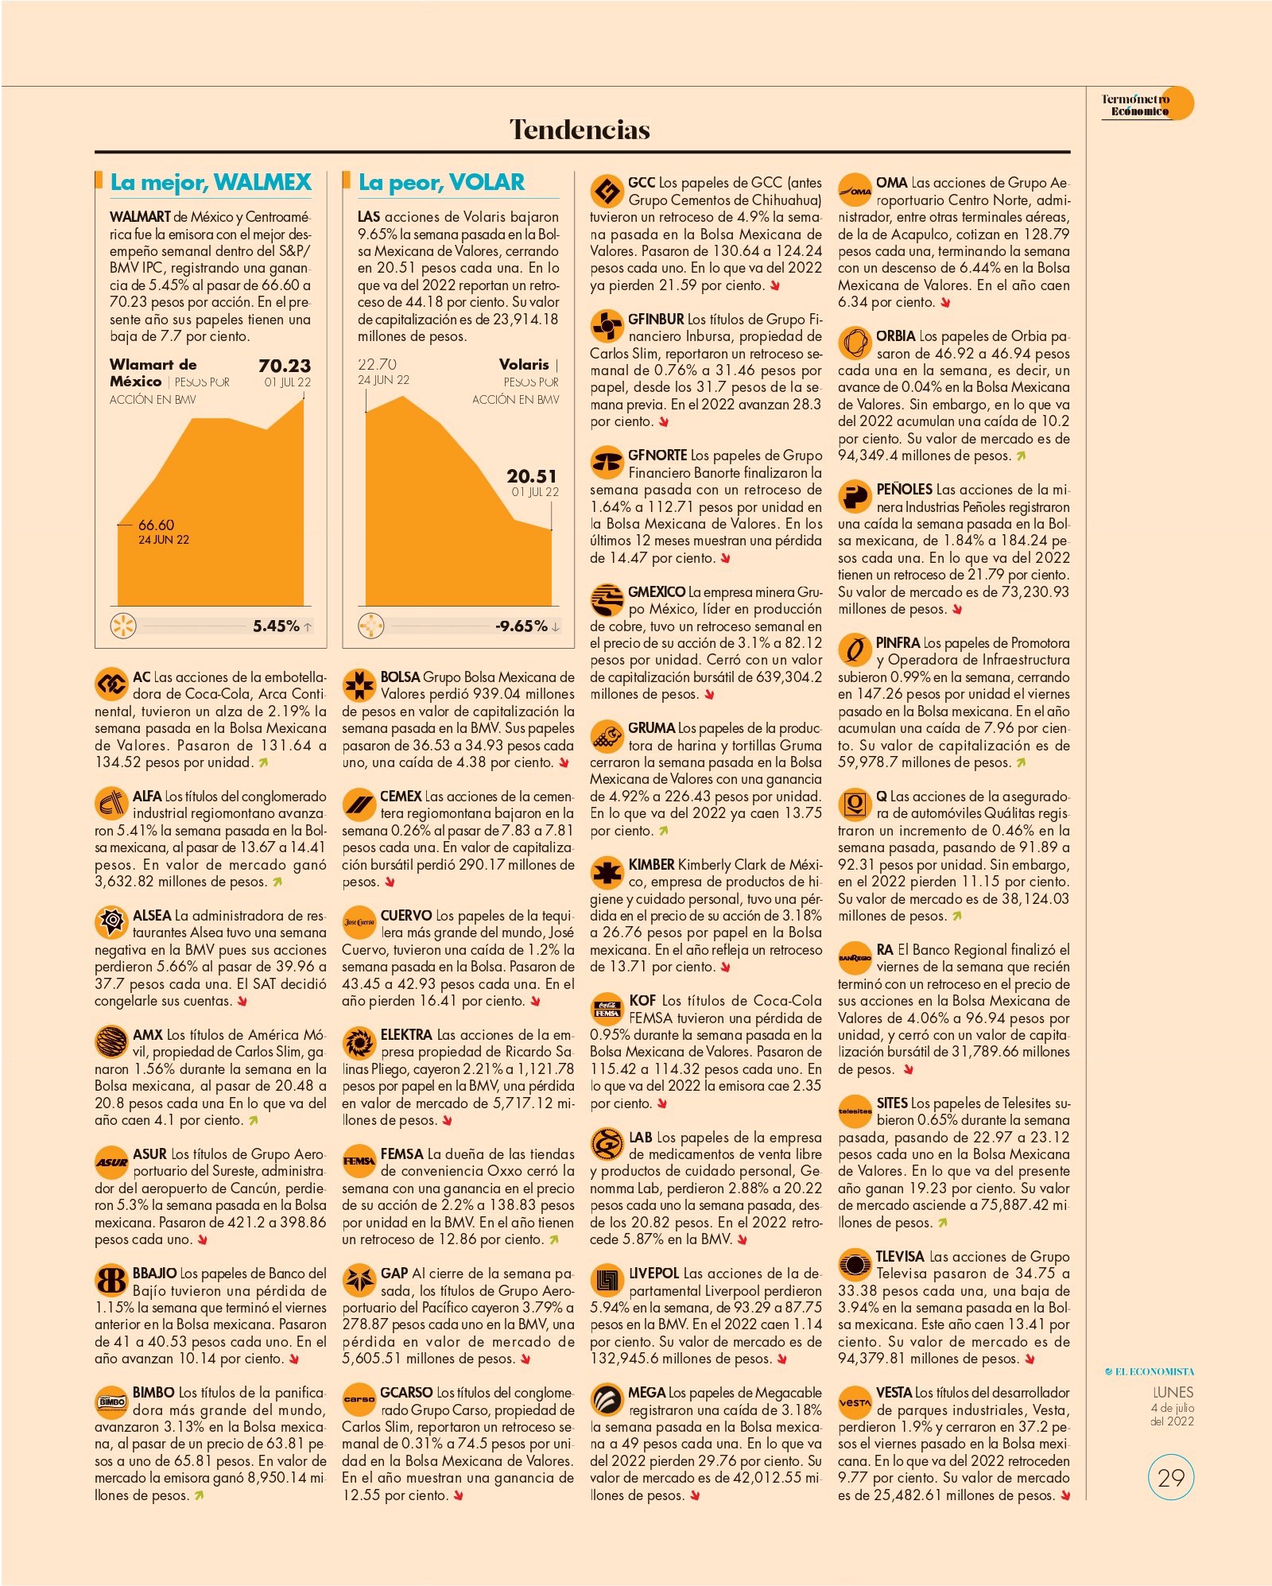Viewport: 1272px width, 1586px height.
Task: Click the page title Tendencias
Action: coord(580,130)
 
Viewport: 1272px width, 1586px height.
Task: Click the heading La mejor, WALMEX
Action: coord(211,182)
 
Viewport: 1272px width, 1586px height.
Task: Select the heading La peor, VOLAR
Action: coord(441,182)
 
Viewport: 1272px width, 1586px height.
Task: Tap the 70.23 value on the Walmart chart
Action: coord(285,366)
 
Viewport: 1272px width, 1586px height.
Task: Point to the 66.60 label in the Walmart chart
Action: coord(156,525)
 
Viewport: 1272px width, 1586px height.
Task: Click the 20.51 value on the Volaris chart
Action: coord(532,476)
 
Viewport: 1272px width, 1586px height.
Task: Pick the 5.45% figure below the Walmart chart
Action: coord(276,626)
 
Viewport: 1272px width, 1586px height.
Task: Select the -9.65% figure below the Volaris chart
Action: coord(522,626)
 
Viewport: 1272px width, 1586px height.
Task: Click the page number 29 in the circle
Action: coord(1171,1478)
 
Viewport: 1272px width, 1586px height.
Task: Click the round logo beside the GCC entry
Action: coord(607,191)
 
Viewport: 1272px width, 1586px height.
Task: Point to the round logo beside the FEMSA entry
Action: coord(359,1161)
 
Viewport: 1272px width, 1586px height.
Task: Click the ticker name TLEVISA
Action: coord(900,1256)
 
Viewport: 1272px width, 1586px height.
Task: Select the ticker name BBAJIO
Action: coord(154,1273)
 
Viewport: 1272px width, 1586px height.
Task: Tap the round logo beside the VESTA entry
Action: coord(855,1402)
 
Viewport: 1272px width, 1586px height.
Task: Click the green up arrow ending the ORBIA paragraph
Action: coord(1021,456)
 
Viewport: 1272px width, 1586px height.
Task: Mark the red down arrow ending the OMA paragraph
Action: coord(945,303)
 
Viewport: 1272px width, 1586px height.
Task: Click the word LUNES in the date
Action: coord(1173,1392)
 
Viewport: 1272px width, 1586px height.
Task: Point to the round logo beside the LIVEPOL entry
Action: coord(607,1280)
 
